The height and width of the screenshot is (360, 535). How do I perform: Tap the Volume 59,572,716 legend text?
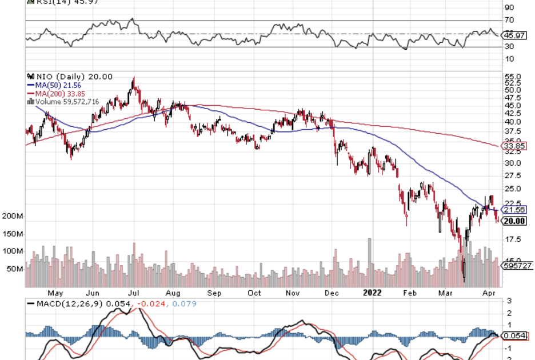pyautogui.click(x=63, y=101)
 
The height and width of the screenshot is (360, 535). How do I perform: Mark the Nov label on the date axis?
pyautogui.click(x=293, y=292)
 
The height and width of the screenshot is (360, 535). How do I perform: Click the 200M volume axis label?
pyautogui.click(x=11, y=217)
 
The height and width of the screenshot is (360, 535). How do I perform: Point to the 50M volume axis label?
pyautogui.click(x=14, y=269)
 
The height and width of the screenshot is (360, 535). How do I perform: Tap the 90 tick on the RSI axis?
pyautogui.click(x=508, y=7)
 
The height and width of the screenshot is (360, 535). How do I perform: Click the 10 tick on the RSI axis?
pyautogui.click(x=508, y=59)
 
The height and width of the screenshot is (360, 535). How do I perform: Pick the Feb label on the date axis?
pyautogui.click(x=410, y=292)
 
